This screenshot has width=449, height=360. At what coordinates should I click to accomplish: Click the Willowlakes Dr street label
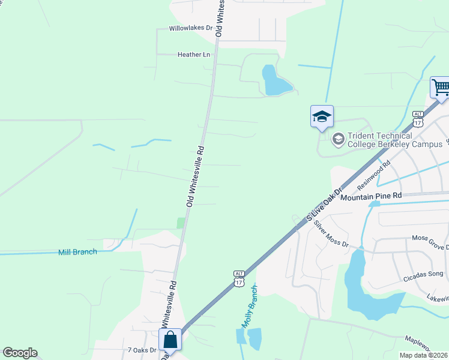191,28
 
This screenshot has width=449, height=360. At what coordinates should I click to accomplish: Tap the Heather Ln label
194,55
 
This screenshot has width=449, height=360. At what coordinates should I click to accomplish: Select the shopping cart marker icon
440,88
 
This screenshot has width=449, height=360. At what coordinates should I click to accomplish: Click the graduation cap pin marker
322,116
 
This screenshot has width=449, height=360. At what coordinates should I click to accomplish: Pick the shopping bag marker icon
170,339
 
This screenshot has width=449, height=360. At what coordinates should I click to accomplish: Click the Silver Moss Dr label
331,234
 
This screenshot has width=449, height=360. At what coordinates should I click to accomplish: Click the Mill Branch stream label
77,252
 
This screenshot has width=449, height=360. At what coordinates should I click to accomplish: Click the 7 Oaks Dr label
142,350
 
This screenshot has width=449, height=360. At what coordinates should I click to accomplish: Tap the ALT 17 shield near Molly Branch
240,277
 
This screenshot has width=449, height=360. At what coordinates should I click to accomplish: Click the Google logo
20,353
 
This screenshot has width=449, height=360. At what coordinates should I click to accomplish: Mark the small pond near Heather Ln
274,81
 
